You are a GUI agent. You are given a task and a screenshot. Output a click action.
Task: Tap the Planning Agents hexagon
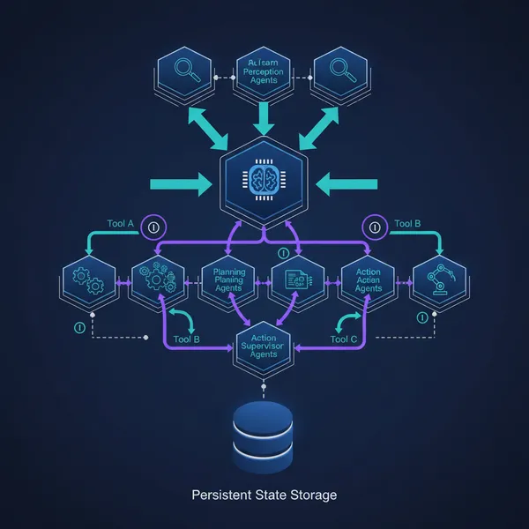click(x=228, y=280)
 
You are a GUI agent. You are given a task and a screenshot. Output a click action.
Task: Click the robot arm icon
click(x=437, y=280)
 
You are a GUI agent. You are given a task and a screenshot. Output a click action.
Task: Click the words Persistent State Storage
click(x=264, y=495)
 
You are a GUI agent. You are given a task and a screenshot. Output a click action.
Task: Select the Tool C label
click(x=344, y=338)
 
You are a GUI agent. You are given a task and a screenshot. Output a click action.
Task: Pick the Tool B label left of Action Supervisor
click(x=186, y=338)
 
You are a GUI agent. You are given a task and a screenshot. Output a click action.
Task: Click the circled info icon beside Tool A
click(x=153, y=226)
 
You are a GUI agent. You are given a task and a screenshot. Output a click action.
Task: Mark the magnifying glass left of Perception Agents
click(x=184, y=71)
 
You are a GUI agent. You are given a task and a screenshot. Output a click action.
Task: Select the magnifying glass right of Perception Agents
click(x=342, y=71)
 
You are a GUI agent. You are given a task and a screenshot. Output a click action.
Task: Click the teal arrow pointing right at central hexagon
click(x=180, y=184)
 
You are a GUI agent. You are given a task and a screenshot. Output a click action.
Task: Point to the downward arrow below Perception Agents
click(x=264, y=115)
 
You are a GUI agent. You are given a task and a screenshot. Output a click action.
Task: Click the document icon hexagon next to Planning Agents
click(x=298, y=280)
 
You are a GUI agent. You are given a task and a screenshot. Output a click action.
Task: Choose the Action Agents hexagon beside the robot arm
click(x=368, y=280)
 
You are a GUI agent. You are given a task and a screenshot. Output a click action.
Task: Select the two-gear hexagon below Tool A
click(x=90, y=280)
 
